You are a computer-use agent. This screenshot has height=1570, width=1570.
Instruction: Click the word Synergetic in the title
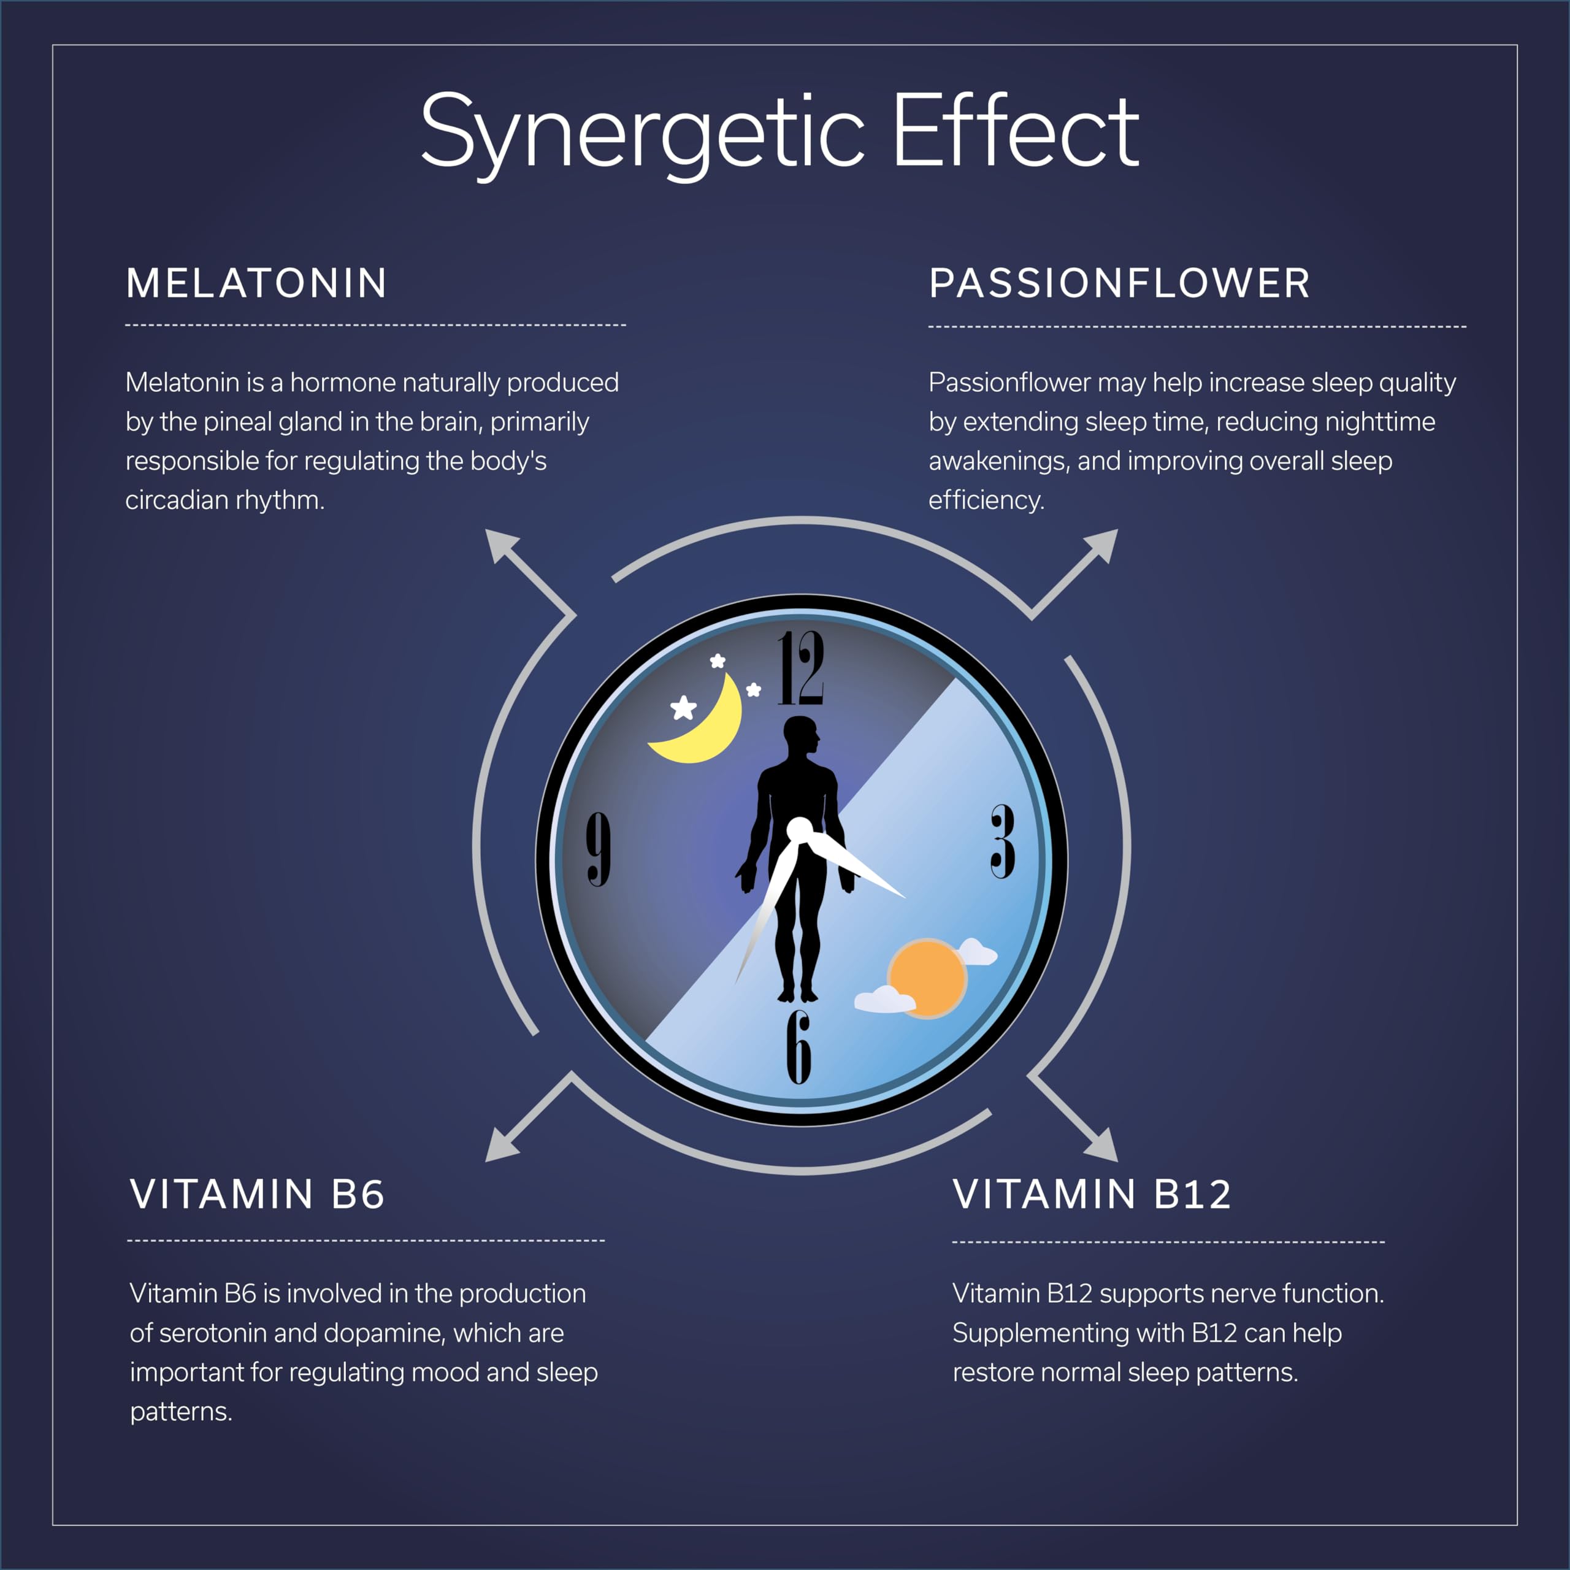[642, 134]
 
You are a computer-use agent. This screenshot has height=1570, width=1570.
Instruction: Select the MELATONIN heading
[256, 283]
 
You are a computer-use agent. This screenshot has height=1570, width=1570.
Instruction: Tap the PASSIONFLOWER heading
[1119, 283]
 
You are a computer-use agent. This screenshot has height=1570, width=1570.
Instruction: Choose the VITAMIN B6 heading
[257, 1195]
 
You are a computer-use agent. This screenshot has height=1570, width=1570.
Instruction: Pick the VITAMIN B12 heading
[1092, 1195]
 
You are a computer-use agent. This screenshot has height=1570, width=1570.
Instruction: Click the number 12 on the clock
[800, 669]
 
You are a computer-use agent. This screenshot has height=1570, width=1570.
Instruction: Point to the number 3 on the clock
[1003, 842]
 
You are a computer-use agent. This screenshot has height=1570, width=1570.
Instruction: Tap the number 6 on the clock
[799, 1047]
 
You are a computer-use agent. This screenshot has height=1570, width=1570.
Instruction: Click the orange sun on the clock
[927, 978]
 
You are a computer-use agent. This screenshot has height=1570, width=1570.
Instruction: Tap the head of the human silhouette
[800, 735]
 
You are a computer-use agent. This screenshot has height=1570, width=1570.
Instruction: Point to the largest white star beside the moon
[683, 708]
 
